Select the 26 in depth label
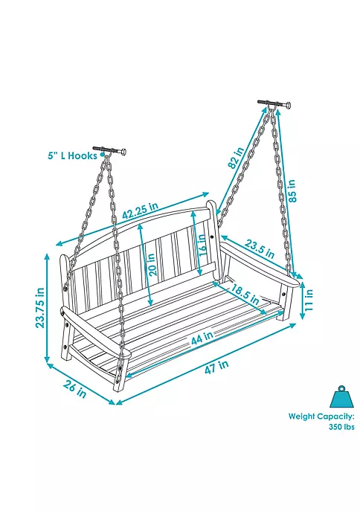(x=75, y=389)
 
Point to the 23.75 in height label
(x=39, y=308)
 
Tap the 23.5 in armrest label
(x=260, y=248)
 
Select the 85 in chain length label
(x=292, y=190)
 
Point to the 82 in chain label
(x=237, y=158)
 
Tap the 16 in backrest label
(x=202, y=245)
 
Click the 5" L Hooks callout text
(x=73, y=155)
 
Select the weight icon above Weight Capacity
(x=341, y=396)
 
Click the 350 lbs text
(x=341, y=427)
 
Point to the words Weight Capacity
(x=321, y=417)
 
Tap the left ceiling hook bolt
(x=110, y=150)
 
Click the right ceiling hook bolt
(x=274, y=103)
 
